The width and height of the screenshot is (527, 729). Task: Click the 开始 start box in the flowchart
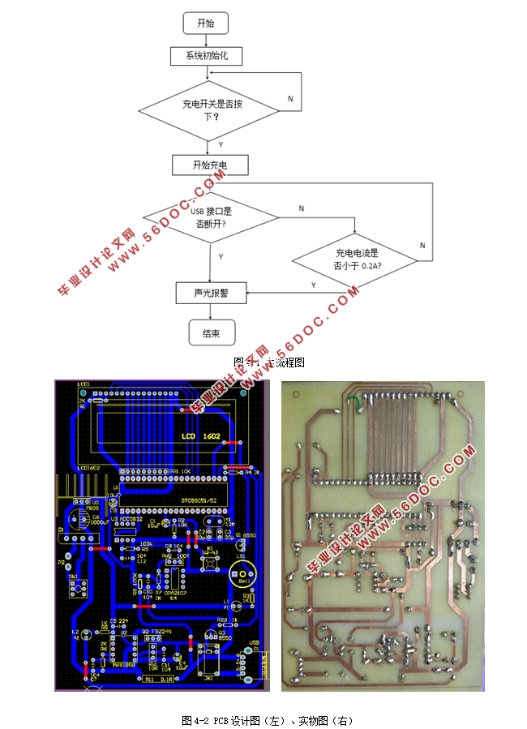point(206,24)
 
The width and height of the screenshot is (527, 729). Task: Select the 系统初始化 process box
point(206,56)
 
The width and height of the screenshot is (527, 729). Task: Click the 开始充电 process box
point(209,165)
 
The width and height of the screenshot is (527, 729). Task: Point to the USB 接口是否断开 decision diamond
point(210,218)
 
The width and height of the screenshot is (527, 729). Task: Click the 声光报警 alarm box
point(210,293)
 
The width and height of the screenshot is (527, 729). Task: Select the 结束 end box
point(211,332)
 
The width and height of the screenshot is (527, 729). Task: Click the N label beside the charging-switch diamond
point(290,98)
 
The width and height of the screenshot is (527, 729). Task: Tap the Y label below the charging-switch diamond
point(221,144)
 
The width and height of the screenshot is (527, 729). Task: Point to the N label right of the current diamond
point(422,245)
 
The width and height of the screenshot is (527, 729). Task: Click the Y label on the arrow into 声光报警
point(314,285)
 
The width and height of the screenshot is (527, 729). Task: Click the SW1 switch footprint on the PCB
point(75,584)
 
